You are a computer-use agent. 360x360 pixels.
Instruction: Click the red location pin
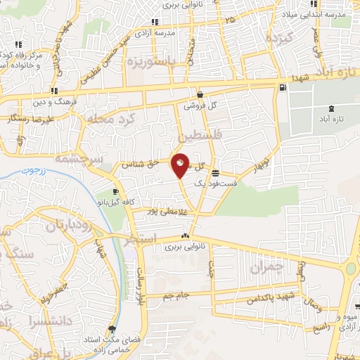pos(180,166)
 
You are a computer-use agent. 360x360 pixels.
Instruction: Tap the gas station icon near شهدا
pos(283,88)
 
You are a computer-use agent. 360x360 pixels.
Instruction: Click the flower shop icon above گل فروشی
pos(200,95)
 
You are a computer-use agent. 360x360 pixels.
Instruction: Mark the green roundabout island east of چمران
pos(350,269)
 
